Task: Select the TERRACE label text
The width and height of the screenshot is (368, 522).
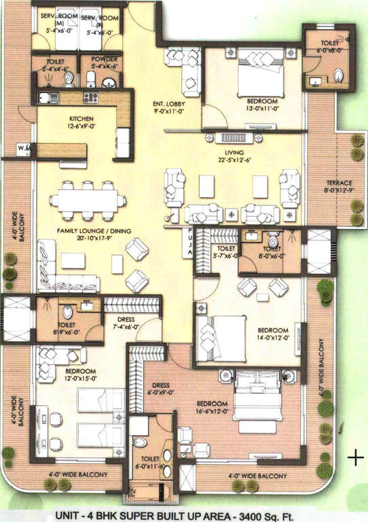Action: coord(338,184)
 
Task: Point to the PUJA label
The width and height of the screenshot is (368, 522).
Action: coord(189,243)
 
